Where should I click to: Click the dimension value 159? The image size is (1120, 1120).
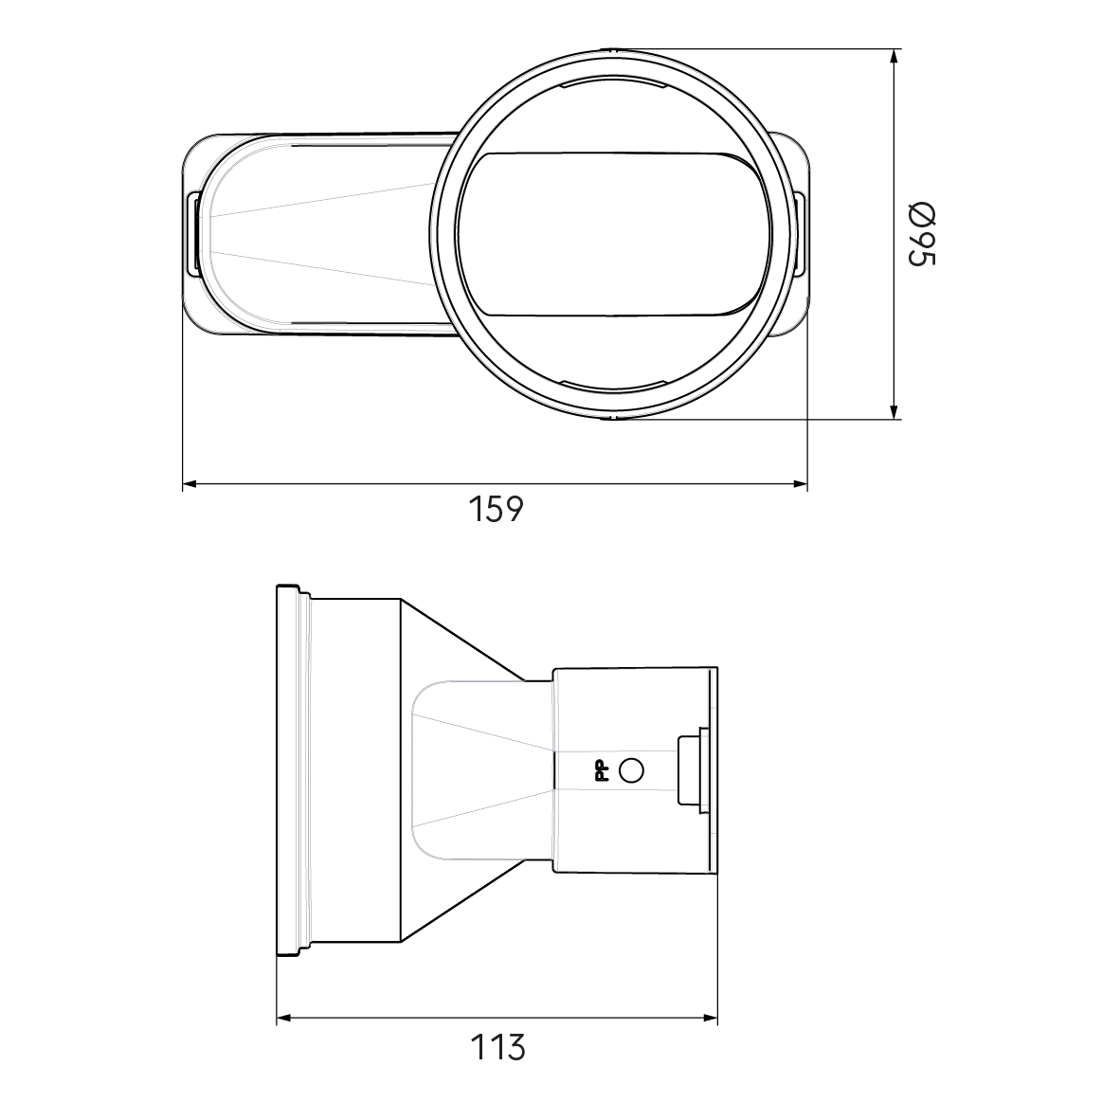496,509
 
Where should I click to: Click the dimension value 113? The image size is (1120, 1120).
497,1047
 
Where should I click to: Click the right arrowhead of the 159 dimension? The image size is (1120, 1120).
800,484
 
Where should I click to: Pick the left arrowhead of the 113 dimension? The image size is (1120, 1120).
283,1020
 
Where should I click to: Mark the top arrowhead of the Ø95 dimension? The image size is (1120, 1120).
894,57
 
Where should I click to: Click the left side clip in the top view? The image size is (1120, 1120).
192,234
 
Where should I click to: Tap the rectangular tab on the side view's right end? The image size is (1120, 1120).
691,769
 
